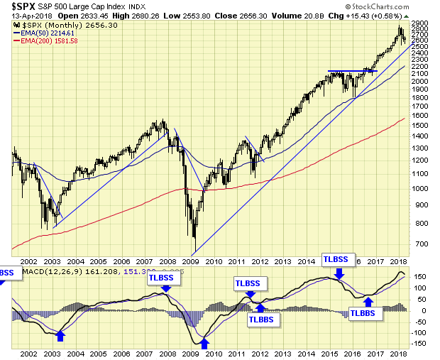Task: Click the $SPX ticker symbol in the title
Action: pos(21,6)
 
